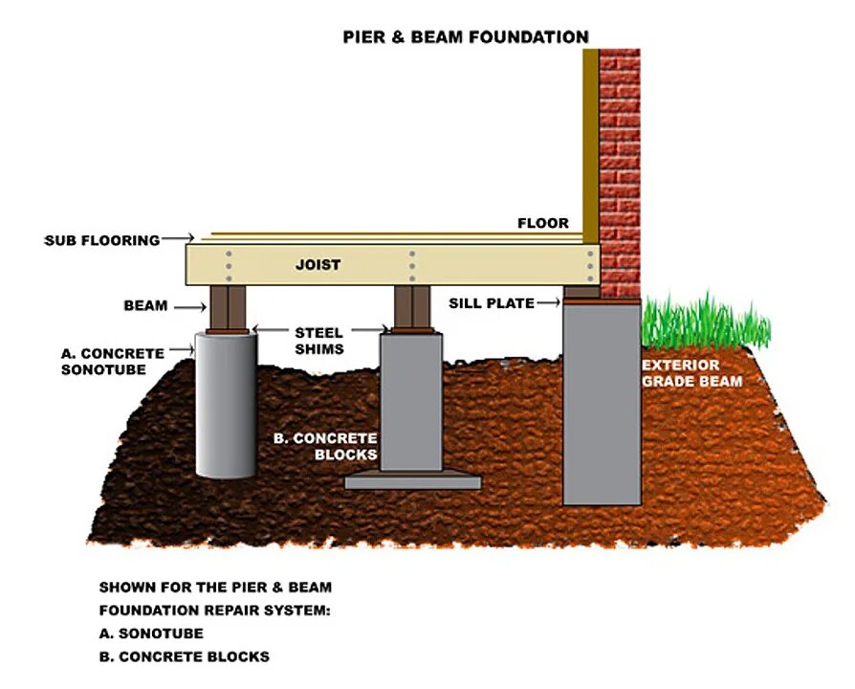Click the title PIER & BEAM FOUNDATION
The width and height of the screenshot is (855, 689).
[x=466, y=37]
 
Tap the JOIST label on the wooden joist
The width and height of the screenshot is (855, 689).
[x=318, y=264]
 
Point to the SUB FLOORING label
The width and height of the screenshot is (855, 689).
[x=102, y=240]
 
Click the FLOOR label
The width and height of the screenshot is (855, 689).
[x=542, y=223]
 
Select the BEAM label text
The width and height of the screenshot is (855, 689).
[x=145, y=306]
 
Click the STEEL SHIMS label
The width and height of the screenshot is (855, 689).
[x=319, y=340]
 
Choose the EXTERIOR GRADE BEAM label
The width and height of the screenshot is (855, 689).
[x=692, y=373]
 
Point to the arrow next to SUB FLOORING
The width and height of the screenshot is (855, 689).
[x=179, y=237]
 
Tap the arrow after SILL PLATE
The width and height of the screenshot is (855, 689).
[x=548, y=303]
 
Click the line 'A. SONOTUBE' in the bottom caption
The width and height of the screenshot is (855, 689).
[x=151, y=633]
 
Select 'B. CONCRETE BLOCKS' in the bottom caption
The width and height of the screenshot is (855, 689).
[x=184, y=657]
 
